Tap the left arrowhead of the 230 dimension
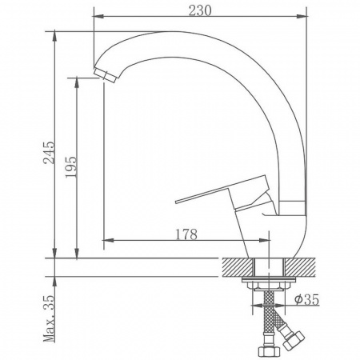click(x=97, y=15)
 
